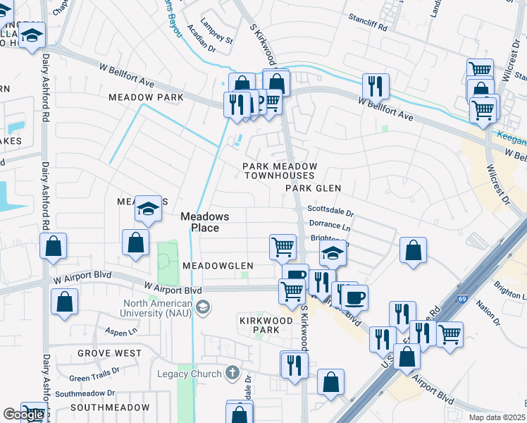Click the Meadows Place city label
tap(199, 222)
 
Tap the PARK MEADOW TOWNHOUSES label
tap(280, 171)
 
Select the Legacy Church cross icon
tap(232, 373)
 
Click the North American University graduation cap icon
tap(203, 306)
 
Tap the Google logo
tap(23, 415)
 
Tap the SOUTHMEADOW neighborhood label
tap(109, 407)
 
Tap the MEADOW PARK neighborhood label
tap(145, 97)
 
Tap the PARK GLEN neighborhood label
tap(314, 188)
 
